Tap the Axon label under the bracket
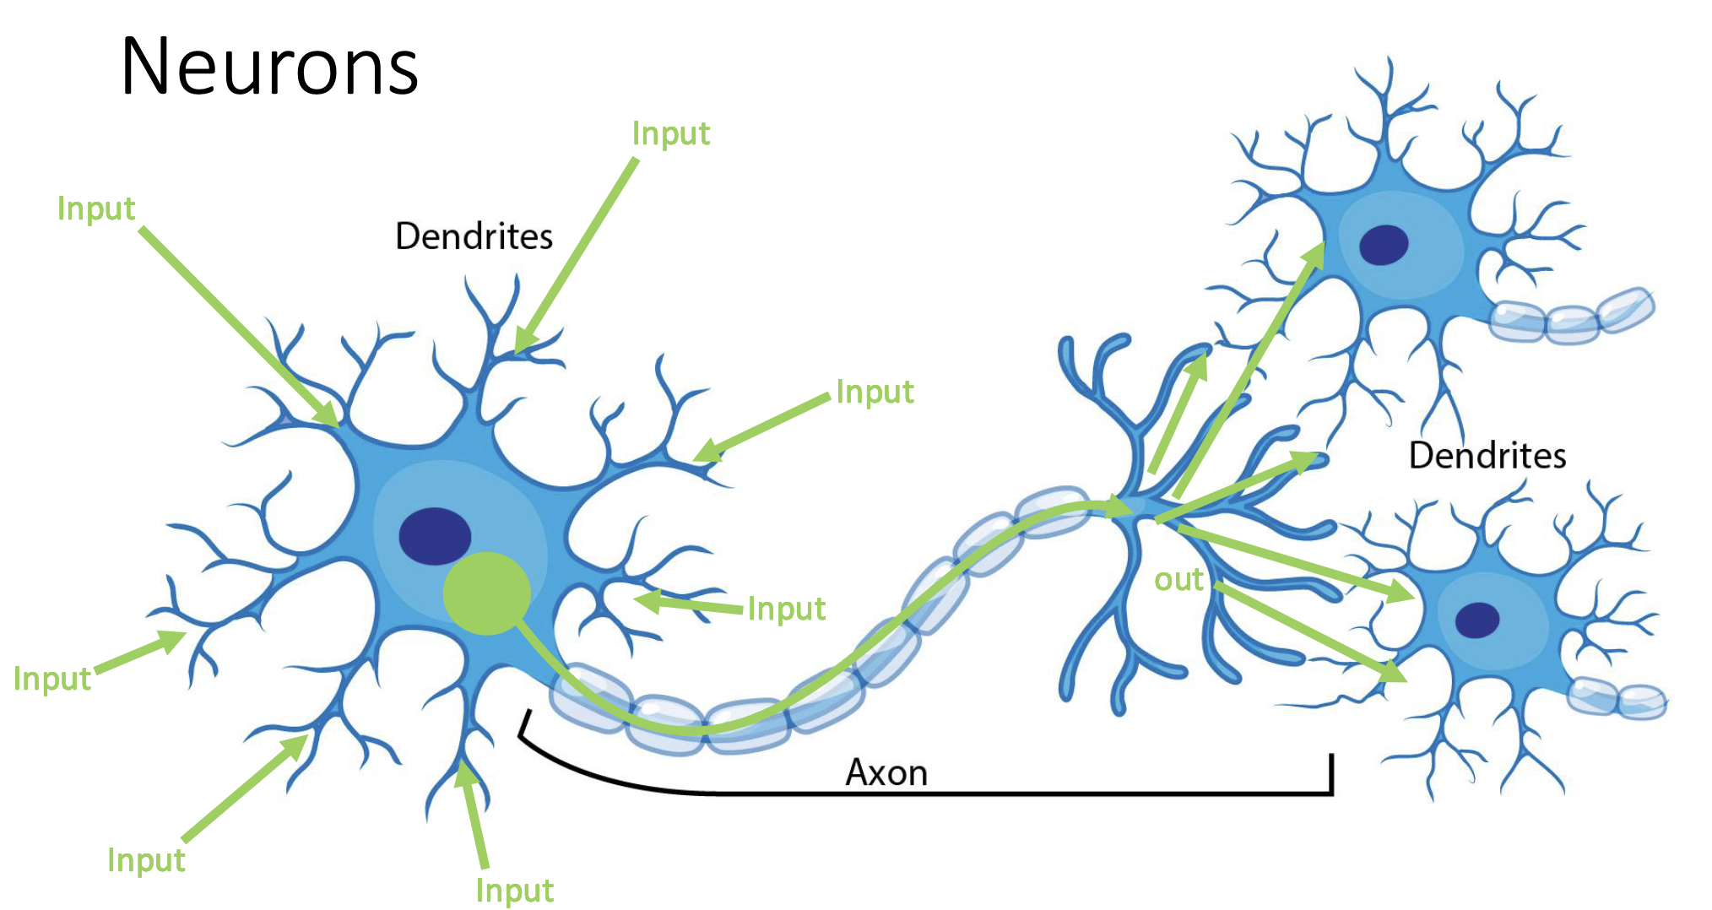point(886,772)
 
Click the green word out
point(1178,580)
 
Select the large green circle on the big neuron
point(487,593)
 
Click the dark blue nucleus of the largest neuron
point(435,535)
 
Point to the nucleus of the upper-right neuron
point(1384,245)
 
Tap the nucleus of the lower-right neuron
point(1477,620)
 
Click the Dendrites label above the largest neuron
point(474,236)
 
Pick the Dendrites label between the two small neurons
point(1487,456)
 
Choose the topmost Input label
point(671,133)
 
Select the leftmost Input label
point(52,679)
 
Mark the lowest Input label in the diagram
point(515,891)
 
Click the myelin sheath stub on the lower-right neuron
point(1617,699)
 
